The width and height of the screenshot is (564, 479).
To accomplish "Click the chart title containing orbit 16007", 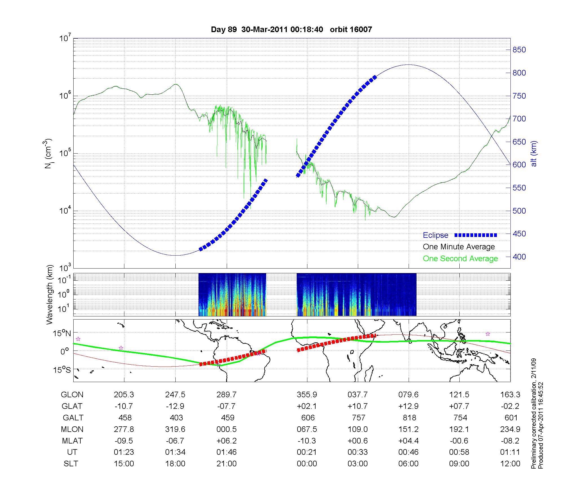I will click(x=291, y=29).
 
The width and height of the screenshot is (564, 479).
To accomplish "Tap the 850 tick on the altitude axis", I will click(x=519, y=50).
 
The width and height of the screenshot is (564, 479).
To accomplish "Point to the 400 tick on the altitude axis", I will click(x=519, y=257).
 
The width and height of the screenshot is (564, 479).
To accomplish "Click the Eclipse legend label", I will click(x=435, y=235).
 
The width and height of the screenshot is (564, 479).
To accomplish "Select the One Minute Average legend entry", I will click(x=459, y=247).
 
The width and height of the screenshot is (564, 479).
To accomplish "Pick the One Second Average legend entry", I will click(x=460, y=259).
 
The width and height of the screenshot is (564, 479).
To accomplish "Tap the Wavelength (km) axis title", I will click(x=50, y=295).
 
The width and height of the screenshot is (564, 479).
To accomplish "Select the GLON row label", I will click(x=72, y=395).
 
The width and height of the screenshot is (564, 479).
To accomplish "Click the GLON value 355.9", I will click(x=307, y=395).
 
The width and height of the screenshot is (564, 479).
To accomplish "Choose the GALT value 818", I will click(x=409, y=418).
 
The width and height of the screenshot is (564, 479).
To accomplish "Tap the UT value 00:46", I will click(x=408, y=452).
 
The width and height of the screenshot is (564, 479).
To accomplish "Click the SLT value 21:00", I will click(x=227, y=464).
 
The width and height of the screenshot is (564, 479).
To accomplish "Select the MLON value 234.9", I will click(x=510, y=429).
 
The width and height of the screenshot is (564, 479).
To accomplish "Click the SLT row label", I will click(x=71, y=464).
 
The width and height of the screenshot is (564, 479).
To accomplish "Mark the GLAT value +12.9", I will click(x=408, y=406).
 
